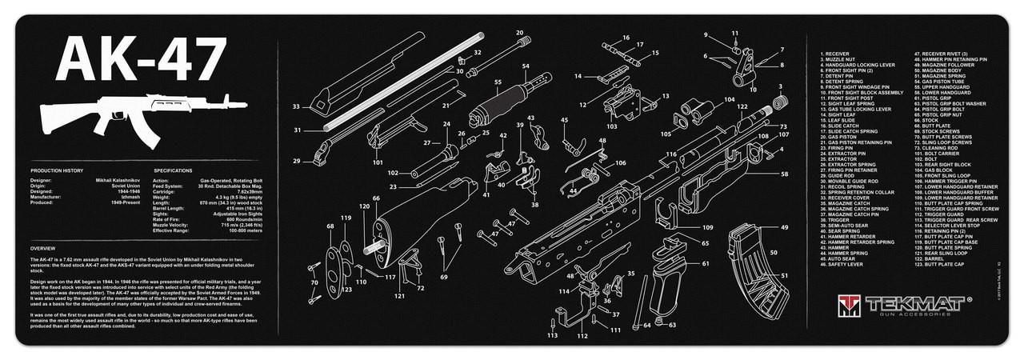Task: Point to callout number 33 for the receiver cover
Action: click(296, 106)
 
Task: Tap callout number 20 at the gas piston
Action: click(520, 33)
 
